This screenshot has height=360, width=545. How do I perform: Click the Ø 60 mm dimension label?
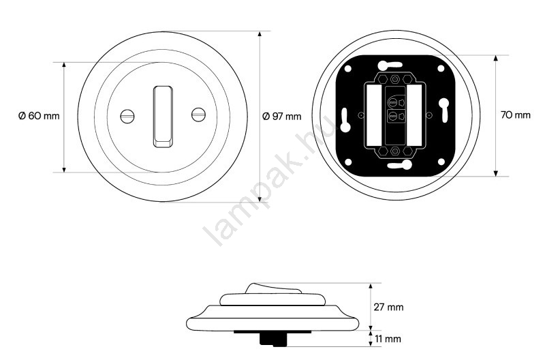(x=39, y=115)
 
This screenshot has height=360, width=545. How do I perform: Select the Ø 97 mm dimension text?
(x=281, y=116)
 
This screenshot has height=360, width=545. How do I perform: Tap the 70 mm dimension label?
(x=516, y=115)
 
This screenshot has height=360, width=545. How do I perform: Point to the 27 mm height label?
(x=388, y=307)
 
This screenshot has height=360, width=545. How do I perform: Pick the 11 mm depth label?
(x=388, y=339)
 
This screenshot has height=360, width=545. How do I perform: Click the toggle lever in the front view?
(x=163, y=117)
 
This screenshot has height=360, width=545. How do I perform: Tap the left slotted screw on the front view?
(x=127, y=116)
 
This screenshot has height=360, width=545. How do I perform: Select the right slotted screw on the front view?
(x=198, y=115)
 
